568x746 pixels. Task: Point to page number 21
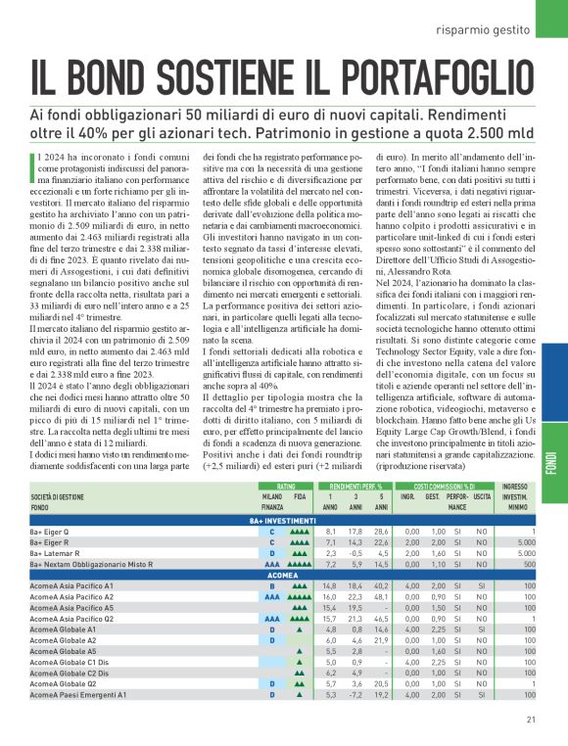point(530,723)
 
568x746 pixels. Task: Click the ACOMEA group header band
point(283,576)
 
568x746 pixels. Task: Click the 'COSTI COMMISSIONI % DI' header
point(444,487)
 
